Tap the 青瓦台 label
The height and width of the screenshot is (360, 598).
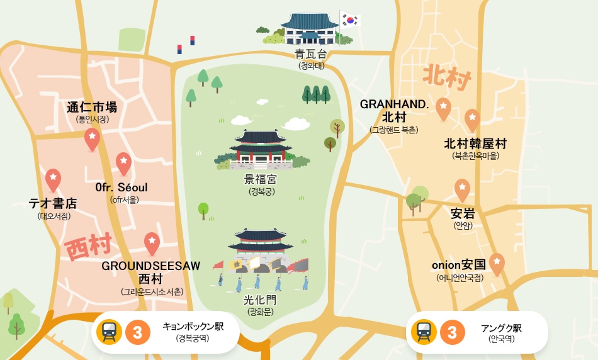click(x=312, y=54)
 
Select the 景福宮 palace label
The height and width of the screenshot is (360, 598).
click(x=261, y=179)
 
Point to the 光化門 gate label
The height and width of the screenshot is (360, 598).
click(x=261, y=300)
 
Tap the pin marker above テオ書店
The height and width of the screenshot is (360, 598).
click(x=54, y=179)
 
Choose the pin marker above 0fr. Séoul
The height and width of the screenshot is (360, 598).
click(x=123, y=164)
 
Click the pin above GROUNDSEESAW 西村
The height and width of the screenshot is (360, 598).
click(x=152, y=243)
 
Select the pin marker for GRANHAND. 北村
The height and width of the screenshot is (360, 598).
click(x=444, y=109)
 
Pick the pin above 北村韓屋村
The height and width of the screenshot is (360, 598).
click(x=472, y=120)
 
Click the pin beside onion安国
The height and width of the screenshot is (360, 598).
click(x=497, y=264)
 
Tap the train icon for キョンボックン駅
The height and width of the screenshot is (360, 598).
click(x=109, y=332)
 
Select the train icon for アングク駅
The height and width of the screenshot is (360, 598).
click(x=424, y=332)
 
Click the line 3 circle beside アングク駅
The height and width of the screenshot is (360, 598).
click(x=452, y=332)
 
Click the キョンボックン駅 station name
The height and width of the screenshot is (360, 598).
click(x=193, y=327)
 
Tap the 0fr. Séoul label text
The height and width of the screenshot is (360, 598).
click(x=121, y=188)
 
